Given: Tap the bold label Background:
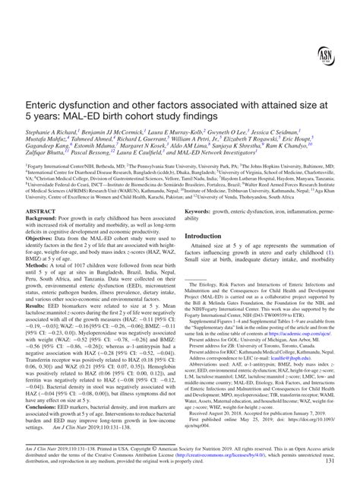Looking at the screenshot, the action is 46,217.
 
